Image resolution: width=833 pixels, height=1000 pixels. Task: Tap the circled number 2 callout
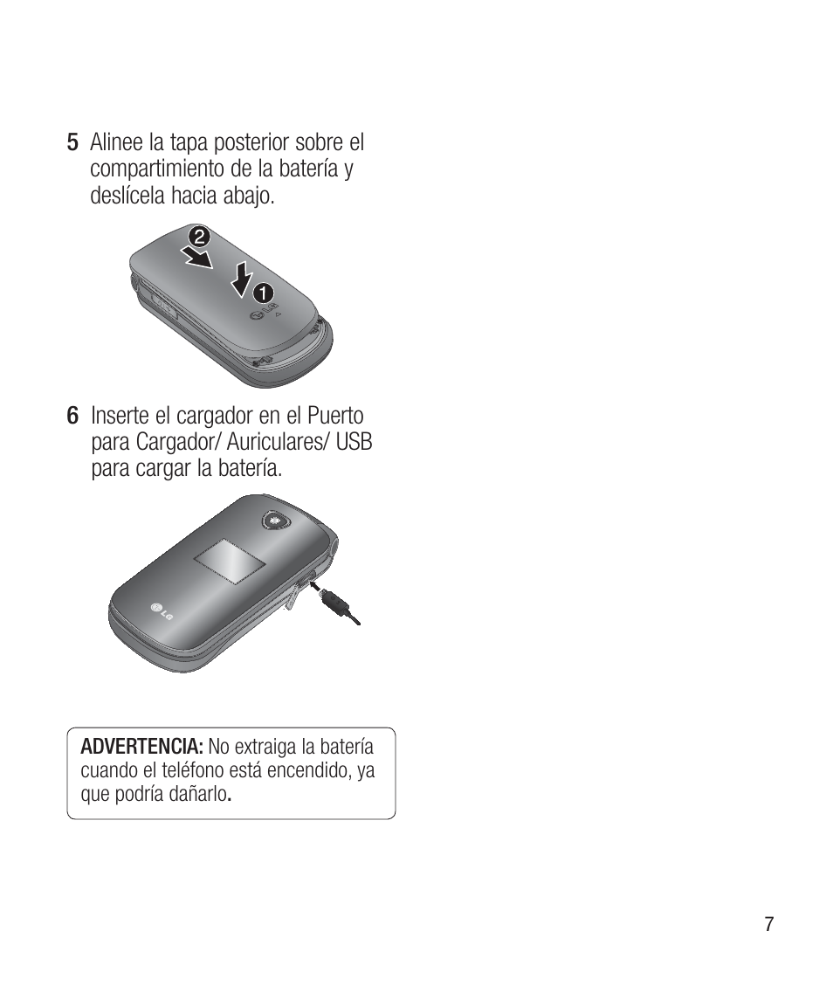pyautogui.click(x=199, y=237)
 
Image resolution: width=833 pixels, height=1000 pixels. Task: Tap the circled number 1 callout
pyautogui.click(x=263, y=289)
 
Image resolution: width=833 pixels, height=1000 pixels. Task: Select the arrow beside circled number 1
pyautogui.click(x=244, y=278)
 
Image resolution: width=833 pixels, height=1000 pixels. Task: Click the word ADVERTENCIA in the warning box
pyautogui.click(x=141, y=748)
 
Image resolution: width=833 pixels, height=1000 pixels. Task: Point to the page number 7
pyautogui.click(x=768, y=925)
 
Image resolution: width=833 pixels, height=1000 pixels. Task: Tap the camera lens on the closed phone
pyautogui.click(x=275, y=521)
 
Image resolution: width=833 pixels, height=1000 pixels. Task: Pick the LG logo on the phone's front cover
pyautogui.click(x=162, y=610)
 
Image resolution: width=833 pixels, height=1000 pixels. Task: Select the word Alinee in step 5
pyautogui.click(x=119, y=142)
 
